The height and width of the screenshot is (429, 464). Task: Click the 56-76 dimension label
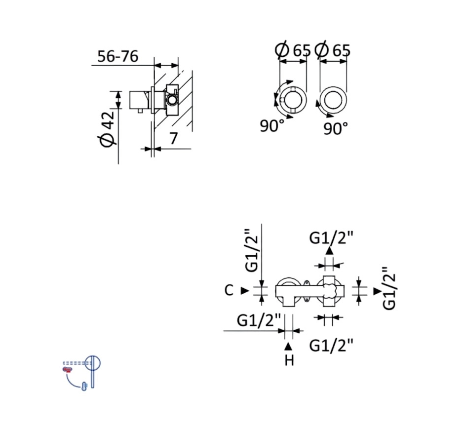pyautogui.click(x=118, y=56)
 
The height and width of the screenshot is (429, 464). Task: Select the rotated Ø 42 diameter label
pyautogui.click(x=107, y=129)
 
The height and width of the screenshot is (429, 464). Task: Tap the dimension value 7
pyautogui.click(x=173, y=138)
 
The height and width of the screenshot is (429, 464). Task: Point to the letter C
pyautogui.click(x=229, y=291)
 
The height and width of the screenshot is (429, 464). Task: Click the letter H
pyautogui.click(x=289, y=361)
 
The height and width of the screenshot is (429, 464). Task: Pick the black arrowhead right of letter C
pyautogui.click(x=245, y=291)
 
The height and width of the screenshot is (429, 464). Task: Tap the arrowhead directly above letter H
pyautogui.click(x=288, y=346)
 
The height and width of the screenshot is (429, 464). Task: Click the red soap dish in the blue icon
pyautogui.click(x=68, y=369)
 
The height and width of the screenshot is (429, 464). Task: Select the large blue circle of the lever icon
pyautogui.click(x=92, y=363)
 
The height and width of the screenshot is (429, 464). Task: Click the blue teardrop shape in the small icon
pyautogui.click(x=84, y=387)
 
